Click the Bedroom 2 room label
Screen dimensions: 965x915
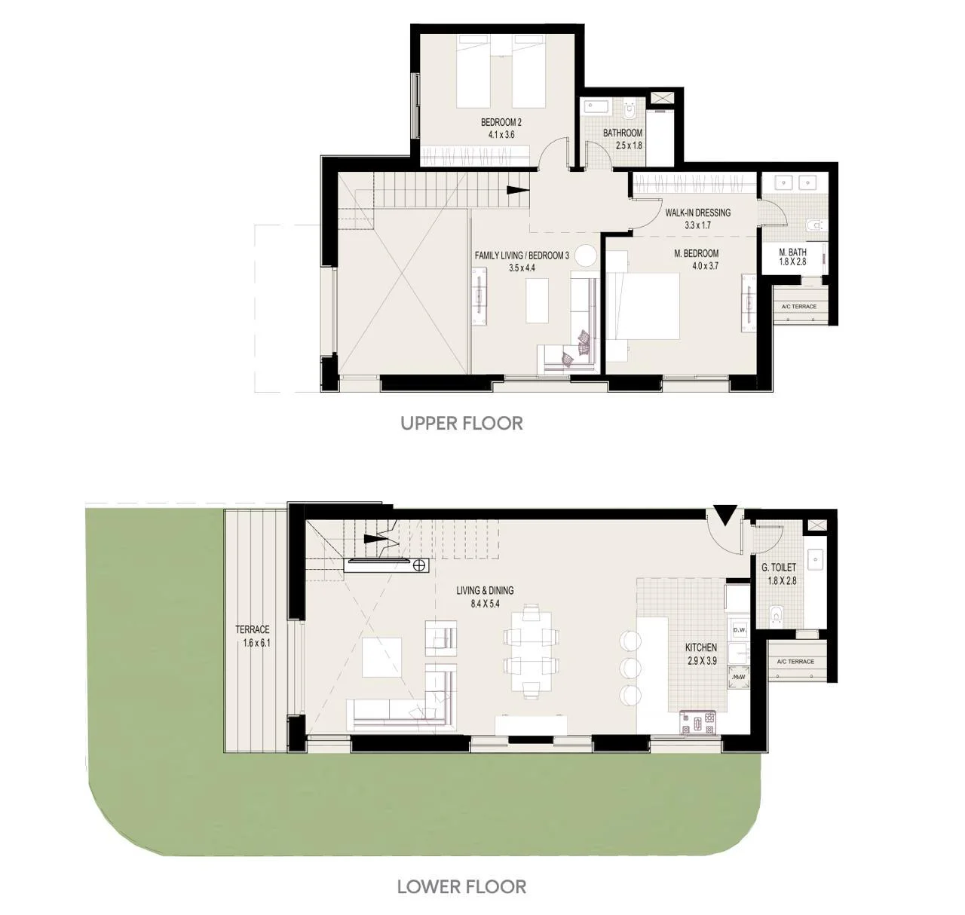[x=501, y=122]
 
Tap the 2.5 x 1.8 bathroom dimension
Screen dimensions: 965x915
[x=629, y=145]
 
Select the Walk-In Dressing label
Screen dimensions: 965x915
[x=697, y=213]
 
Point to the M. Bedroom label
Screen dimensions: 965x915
[x=696, y=253]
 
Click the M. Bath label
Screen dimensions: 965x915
[x=792, y=252]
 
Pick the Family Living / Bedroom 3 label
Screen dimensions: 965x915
[x=522, y=256]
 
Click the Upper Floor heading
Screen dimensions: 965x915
[x=461, y=423]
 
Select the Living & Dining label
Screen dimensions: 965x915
[x=485, y=590]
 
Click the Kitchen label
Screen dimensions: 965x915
[x=701, y=647]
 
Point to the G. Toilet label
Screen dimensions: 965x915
[x=779, y=568]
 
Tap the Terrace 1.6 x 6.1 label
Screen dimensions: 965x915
[x=253, y=635]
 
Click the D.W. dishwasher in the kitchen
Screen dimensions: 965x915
[x=740, y=630]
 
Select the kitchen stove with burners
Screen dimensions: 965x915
[x=697, y=723]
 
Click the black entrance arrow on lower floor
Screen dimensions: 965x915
[x=725, y=516]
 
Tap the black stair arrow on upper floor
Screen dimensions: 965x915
[x=518, y=189]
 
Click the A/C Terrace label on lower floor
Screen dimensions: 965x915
[x=795, y=661]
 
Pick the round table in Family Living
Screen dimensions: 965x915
[x=586, y=256]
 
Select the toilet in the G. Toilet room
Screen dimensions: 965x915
[x=776, y=614]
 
